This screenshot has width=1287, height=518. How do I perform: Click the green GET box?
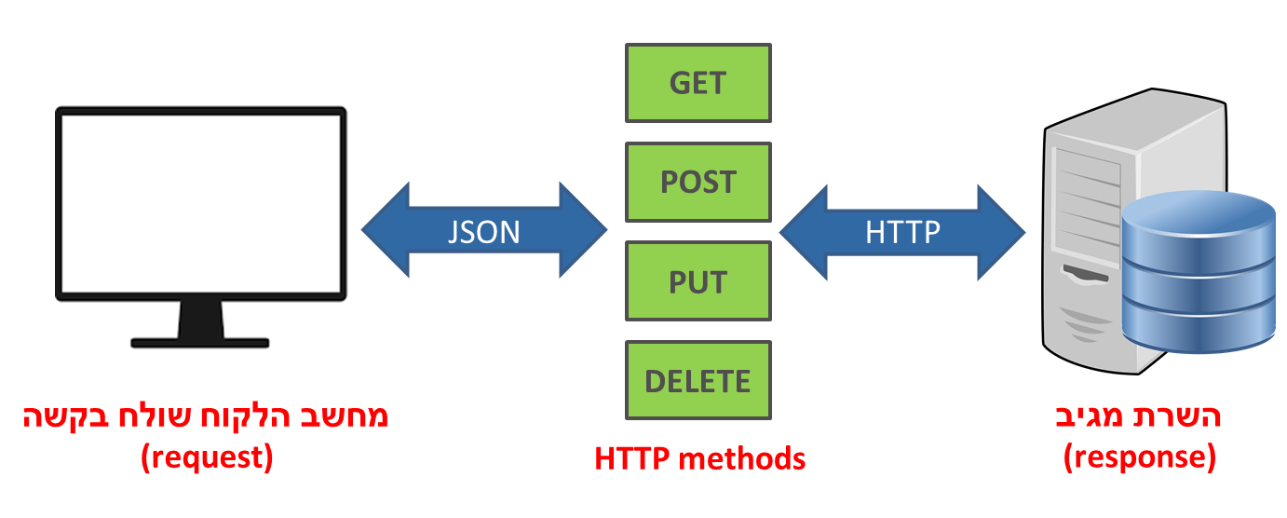698,83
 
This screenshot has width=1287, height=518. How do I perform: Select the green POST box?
698,182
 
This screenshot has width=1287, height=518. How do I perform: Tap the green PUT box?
698,281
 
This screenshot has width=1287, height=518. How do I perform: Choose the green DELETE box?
698,381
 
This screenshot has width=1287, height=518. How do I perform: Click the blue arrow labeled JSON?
484,230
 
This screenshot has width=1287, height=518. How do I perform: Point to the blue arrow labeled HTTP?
901,230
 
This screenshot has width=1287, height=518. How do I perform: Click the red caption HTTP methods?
699,458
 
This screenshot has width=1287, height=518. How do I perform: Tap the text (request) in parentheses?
207,457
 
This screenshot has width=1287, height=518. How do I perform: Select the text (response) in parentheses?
1140,457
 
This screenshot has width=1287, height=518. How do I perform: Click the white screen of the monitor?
200,203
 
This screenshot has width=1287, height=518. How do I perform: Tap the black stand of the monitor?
200,326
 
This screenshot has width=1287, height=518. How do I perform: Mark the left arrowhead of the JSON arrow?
384,230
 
